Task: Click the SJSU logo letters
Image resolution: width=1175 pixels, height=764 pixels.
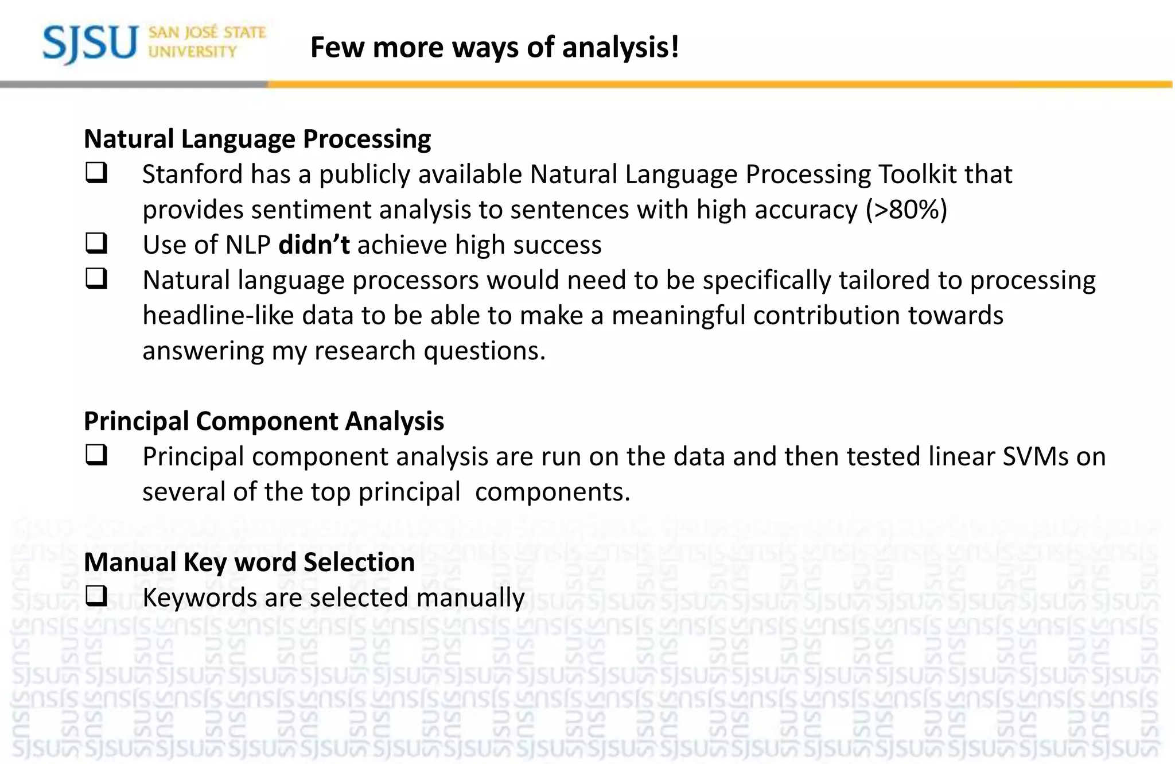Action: [x=90, y=44]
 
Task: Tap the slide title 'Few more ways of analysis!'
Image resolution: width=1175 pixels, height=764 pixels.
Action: [x=495, y=47]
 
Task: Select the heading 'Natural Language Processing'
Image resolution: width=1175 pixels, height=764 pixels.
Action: [x=257, y=139]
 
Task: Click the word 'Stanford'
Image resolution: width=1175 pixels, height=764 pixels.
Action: [x=192, y=174]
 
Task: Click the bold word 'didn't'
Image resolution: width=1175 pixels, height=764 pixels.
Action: [x=314, y=245]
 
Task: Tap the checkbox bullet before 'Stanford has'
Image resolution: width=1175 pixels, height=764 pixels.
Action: [x=96, y=173]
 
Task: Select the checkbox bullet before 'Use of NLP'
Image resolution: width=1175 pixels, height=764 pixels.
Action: [x=96, y=243]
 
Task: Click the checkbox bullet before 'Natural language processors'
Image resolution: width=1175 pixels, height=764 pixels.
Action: [x=96, y=279]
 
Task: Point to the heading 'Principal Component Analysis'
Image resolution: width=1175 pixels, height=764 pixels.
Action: [x=264, y=421]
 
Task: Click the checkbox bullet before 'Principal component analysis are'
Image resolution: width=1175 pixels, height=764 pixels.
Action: [x=96, y=455]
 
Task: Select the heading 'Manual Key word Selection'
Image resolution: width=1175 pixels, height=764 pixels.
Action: [x=249, y=563]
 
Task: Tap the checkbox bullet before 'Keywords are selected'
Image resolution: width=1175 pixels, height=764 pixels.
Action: [x=96, y=596]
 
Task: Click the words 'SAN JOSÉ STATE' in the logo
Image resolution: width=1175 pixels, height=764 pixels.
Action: [x=207, y=33]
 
